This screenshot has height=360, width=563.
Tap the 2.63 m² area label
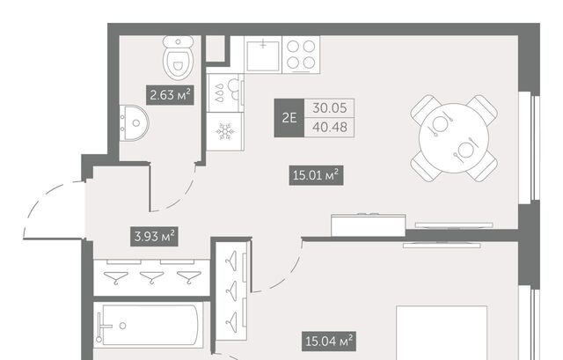[x=170, y=95]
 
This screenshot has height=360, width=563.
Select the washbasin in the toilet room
[x=134, y=123]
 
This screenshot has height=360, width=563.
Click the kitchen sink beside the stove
[x=263, y=55]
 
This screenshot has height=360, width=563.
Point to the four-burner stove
[x=301, y=55]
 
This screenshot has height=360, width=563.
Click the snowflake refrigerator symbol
[x=225, y=131]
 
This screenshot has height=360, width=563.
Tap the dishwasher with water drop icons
[x=225, y=92]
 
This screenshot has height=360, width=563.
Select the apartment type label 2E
[x=289, y=118]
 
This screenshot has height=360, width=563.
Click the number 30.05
[x=330, y=107]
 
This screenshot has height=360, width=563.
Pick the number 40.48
[x=330, y=127]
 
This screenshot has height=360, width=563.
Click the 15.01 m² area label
[x=316, y=175]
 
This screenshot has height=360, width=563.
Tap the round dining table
[x=454, y=138]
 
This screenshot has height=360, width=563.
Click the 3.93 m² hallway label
[x=154, y=237]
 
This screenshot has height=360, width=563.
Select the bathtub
[x=148, y=325]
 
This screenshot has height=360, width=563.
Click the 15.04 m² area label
[x=329, y=341]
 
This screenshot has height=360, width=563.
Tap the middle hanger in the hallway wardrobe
[x=151, y=277]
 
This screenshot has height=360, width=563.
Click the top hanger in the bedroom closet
[x=230, y=261]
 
